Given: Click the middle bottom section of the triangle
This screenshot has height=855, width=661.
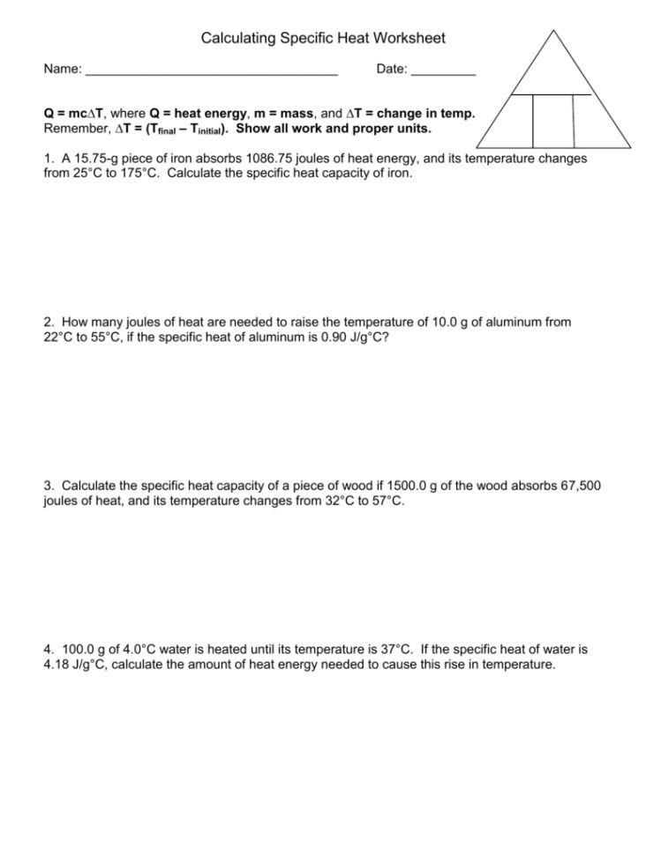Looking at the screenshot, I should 553,121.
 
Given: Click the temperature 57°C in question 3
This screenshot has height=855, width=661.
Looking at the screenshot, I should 385,500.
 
